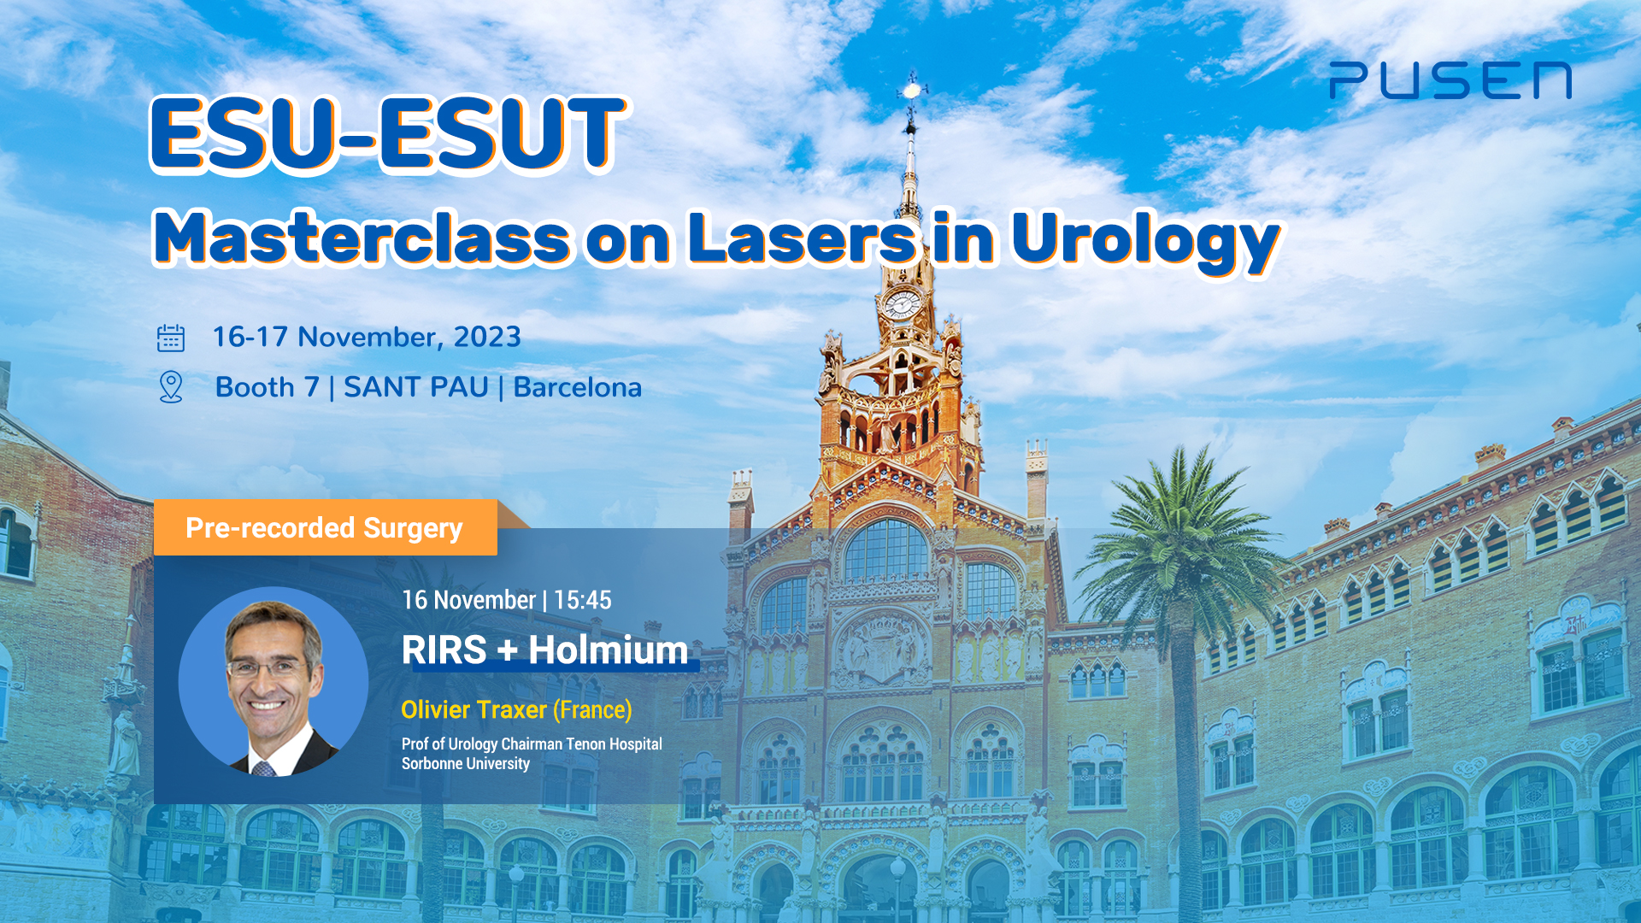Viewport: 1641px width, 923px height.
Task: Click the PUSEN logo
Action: (1450, 80)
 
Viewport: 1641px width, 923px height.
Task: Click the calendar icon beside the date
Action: (171, 338)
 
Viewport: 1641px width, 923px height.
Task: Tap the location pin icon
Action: (171, 387)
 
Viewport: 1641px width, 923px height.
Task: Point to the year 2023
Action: (486, 337)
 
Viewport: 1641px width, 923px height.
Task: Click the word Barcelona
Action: (577, 387)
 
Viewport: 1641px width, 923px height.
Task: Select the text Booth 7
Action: (267, 387)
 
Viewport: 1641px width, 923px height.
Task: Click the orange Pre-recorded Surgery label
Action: (325, 528)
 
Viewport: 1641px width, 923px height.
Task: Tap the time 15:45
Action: (582, 600)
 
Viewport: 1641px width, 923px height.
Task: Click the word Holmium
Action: (608, 650)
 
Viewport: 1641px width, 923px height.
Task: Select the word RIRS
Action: (444, 650)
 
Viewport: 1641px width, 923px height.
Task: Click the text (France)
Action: (592, 709)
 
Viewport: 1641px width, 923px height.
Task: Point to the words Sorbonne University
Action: (466, 763)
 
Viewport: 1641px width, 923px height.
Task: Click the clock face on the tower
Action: (902, 303)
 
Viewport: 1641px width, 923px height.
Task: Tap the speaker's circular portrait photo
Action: (273, 681)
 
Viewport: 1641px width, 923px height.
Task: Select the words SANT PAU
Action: (415, 387)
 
